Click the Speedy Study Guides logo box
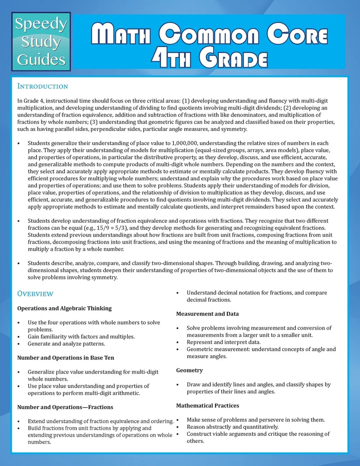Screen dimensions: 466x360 point(41,41)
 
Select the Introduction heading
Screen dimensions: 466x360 point(42,86)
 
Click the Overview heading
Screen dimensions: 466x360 point(35,294)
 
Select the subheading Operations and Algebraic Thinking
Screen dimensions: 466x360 point(64,308)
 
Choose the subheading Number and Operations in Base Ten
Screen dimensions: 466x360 point(66,358)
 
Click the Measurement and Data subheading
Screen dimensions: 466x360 point(207,314)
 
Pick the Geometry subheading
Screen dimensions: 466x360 point(190,370)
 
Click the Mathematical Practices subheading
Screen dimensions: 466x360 point(207,405)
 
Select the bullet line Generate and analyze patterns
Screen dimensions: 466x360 point(66,343)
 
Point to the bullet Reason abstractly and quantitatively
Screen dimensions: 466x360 point(232,427)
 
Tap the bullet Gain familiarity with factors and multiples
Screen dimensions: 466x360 point(82,336)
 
